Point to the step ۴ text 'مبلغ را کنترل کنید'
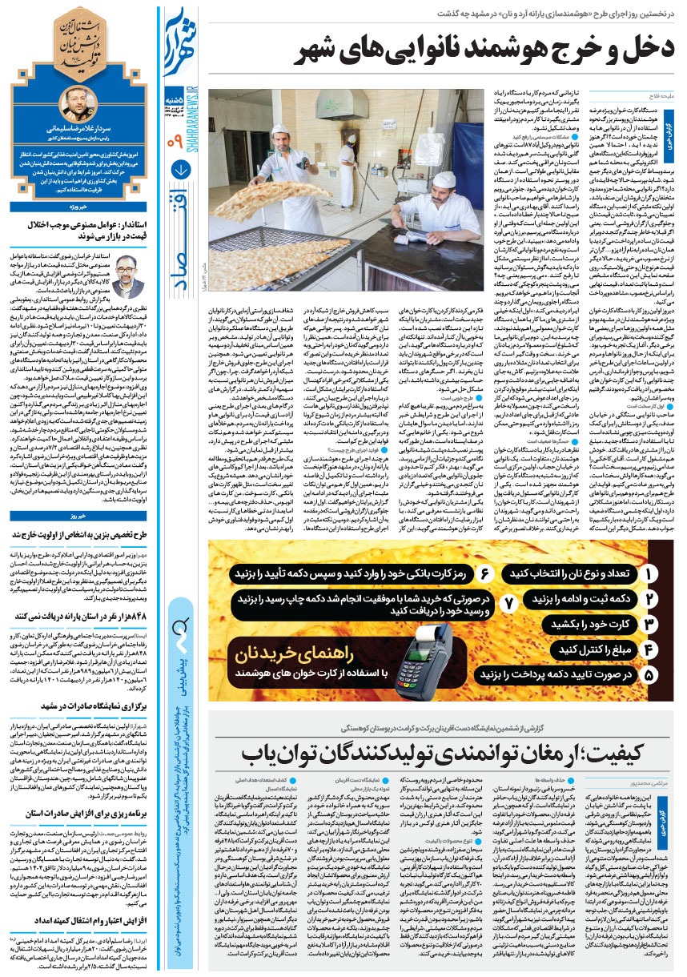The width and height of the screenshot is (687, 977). point(585,649)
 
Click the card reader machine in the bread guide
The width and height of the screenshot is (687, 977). point(420,641)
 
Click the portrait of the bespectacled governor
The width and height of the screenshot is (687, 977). point(127,275)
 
